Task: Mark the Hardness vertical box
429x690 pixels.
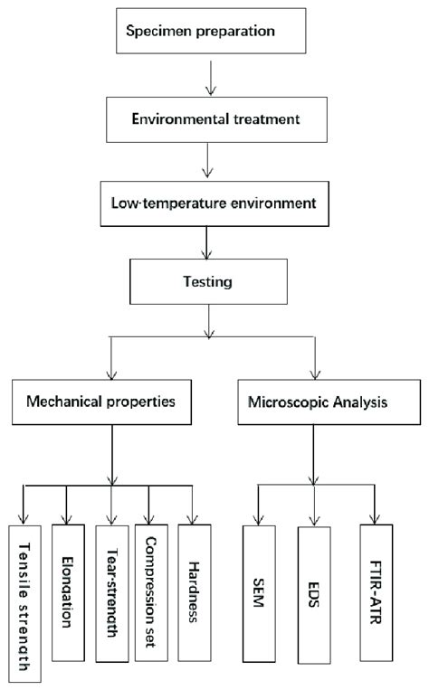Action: tap(195, 579)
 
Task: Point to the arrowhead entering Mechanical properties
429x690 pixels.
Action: tap(111, 373)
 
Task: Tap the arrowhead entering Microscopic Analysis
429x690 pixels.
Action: tap(315, 373)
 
